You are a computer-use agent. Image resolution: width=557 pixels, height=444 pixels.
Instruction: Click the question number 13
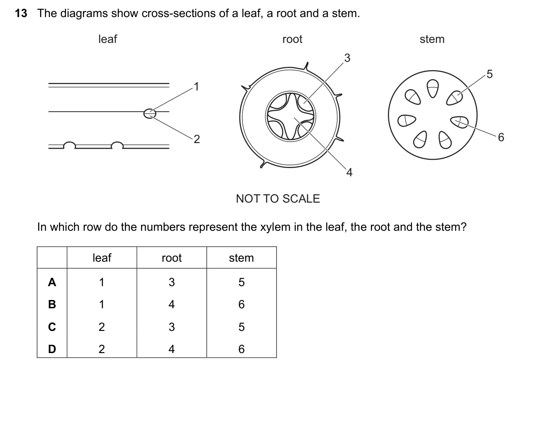tap(21, 13)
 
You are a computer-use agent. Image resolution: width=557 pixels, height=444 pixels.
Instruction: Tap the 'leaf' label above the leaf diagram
tap(108, 39)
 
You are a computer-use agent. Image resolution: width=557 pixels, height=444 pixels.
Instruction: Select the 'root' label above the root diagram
tap(292, 39)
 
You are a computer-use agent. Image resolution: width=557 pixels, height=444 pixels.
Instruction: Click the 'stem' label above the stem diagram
tap(432, 39)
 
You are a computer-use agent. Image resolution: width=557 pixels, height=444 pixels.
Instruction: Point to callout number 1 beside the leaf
tap(196, 87)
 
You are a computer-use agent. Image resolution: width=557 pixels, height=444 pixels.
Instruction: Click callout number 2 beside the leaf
tap(197, 139)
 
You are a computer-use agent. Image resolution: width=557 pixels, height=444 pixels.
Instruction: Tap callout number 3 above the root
tap(347, 58)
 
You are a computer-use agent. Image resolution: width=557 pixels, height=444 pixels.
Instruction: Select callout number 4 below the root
tap(349, 173)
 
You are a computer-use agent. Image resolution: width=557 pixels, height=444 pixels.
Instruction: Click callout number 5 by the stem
tap(489, 74)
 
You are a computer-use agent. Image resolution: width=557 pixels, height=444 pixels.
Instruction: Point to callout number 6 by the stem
tap(501, 138)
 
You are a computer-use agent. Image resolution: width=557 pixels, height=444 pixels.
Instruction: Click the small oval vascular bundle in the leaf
tap(150, 114)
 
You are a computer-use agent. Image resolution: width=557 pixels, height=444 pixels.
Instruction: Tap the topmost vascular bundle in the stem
tap(433, 89)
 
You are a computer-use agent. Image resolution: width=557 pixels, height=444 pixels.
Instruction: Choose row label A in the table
tap(52, 282)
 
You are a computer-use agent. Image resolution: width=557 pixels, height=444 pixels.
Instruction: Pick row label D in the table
tap(52, 349)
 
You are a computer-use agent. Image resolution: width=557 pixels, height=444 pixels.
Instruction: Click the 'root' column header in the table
tap(171, 258)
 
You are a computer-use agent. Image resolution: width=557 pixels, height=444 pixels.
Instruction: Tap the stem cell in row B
tap(241, 305)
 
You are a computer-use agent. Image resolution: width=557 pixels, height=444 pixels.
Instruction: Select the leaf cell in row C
tap(102, 327)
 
